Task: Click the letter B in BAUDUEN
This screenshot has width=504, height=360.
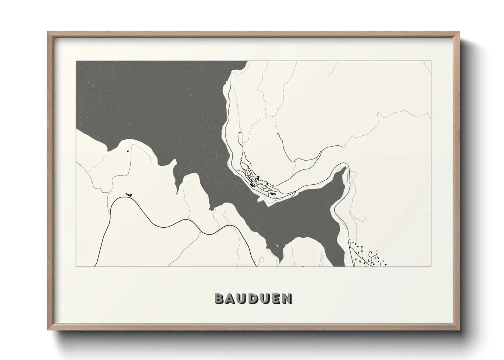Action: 219,298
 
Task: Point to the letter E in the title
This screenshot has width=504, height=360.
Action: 277,298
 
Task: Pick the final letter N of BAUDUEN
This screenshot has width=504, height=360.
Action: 288,298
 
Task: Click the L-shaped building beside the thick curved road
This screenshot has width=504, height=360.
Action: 129,194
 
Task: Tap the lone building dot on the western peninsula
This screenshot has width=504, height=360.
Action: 128,150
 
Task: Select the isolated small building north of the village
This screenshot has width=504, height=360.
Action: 278,134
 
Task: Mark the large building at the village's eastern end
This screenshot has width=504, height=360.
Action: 272,193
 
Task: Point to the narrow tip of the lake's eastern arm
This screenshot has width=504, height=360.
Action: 344,169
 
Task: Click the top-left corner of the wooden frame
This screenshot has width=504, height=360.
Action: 48,32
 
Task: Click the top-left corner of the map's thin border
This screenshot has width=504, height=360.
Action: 76,61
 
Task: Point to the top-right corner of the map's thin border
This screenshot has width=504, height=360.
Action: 431,61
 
